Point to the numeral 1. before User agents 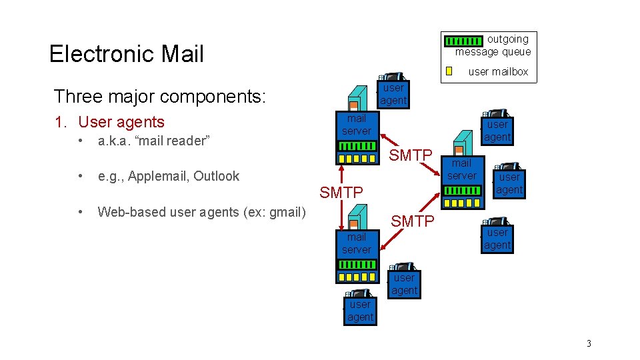coord(60,122)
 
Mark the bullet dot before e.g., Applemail coord(80,176)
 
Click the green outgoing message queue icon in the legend coord(463,41)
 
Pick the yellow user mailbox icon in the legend coord(449,71)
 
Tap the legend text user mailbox coord(498,71)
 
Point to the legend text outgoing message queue coord(493,45)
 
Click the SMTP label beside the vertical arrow coord(341,193)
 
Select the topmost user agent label coord(393,94)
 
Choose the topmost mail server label coord(357,125)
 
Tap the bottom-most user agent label coord(360,311)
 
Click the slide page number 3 coord(589,343)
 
